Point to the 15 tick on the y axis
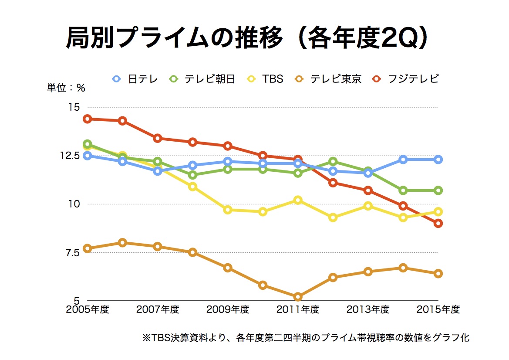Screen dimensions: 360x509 [74, 107]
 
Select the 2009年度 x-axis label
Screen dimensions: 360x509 [228, 309]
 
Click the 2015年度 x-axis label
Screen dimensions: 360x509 [438, 309]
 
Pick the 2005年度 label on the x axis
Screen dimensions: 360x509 [87, 309]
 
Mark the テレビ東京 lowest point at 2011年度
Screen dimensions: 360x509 [298, 297]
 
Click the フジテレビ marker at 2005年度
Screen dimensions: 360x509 [87, 119]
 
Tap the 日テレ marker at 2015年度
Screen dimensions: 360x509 [438, 160]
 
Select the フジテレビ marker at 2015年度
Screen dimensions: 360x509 [438, 223]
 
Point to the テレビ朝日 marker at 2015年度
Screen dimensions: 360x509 [438, 190]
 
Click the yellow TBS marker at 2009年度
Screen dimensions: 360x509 [228, 210]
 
